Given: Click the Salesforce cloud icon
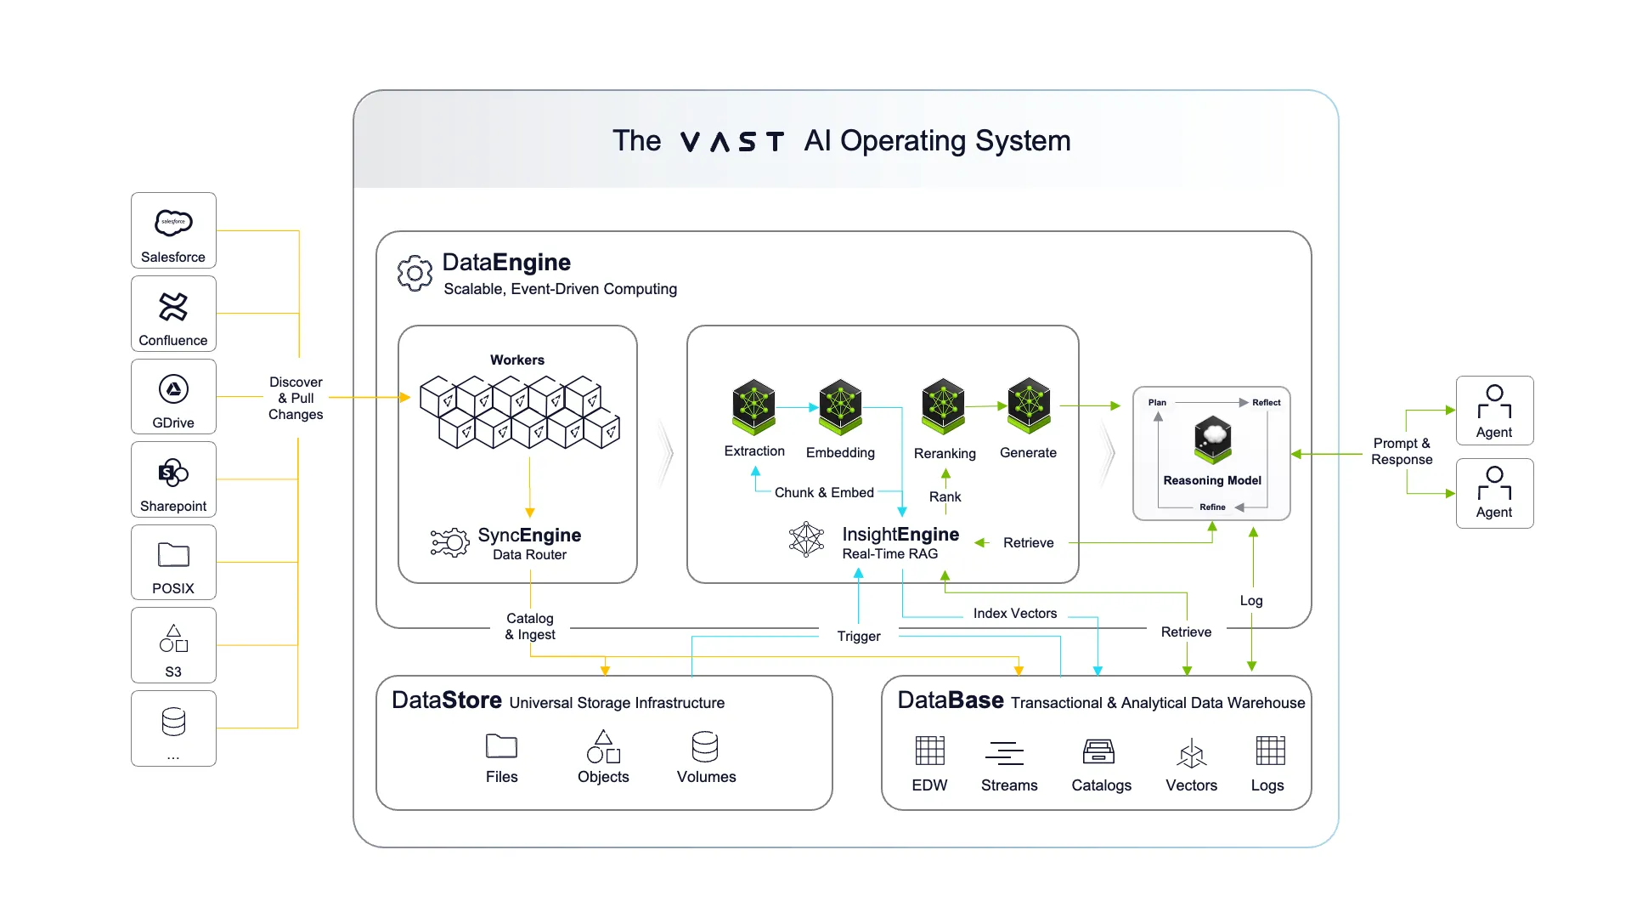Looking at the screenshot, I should tap(173, 223).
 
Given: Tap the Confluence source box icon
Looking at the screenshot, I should tap(173, 306).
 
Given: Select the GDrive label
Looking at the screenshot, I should tap(173, 422).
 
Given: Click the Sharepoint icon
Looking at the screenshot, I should tap(173, 473).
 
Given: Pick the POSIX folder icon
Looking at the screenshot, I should tap(173, 555).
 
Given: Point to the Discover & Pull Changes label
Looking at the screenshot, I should tap(296, 398).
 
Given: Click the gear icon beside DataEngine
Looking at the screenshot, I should tap(415, 273).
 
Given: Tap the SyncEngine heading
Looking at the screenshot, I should tap(529, 535).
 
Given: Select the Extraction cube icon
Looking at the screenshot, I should tap(753, 406).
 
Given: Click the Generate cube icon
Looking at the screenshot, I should tap(1029, 405).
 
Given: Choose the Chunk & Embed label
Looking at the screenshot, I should tap(823, 492).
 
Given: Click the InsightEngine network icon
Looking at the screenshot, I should tap(806, 540).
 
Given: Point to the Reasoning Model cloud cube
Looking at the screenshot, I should tap(1212, 439).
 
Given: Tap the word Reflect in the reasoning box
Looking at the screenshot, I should tap(1266, 402).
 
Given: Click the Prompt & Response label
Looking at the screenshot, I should tap(1402, 451).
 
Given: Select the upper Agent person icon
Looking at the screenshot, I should tap(1494, 401).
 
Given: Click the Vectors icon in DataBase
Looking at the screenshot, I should tap(1191, 753).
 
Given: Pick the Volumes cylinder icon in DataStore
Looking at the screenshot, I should tap(705, 747).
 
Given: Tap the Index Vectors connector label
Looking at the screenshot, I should tap(1014, 613).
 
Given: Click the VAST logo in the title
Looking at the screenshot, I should tap(731, 141).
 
